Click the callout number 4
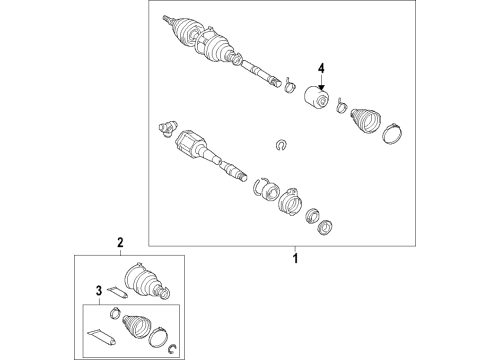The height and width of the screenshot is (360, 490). (321, 68)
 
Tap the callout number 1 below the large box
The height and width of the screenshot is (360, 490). (295, 258)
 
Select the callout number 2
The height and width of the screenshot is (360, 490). (120, 242)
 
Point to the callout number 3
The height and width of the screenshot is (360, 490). (99, 291)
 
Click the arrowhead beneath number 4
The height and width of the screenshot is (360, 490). (321, 88)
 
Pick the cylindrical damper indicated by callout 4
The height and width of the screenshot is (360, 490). (317, 97)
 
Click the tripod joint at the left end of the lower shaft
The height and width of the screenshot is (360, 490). (166, 128)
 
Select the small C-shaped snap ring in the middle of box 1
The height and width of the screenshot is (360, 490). (282, 145)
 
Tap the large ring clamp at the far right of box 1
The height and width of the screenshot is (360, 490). (392, 133)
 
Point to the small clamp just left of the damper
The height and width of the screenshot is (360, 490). (290, 85)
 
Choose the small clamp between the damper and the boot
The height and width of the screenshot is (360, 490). (342, 105)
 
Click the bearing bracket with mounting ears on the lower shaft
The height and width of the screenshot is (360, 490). (290, 201)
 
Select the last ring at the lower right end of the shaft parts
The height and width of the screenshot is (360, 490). (324, 227)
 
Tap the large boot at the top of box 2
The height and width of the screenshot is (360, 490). (146, 281)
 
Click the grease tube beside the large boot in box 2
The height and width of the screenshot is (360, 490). (117, 292)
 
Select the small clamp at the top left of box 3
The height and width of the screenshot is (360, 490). (115, 313)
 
